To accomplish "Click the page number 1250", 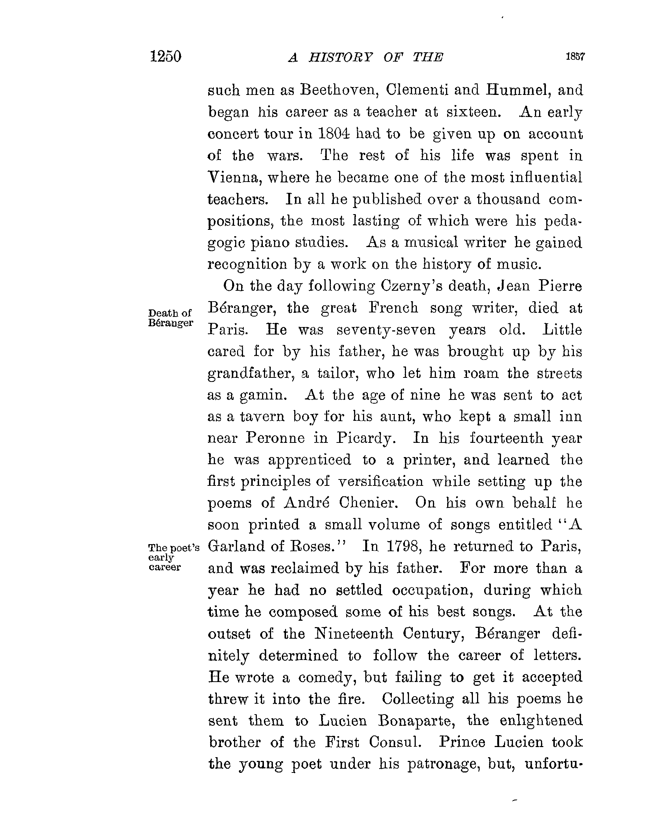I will click(166, 56).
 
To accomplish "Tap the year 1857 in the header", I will click(575, 56).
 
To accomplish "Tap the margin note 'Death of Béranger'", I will click(170, 318).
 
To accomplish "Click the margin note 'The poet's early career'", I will click(173, 557).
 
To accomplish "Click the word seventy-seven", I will click(386, 330).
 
